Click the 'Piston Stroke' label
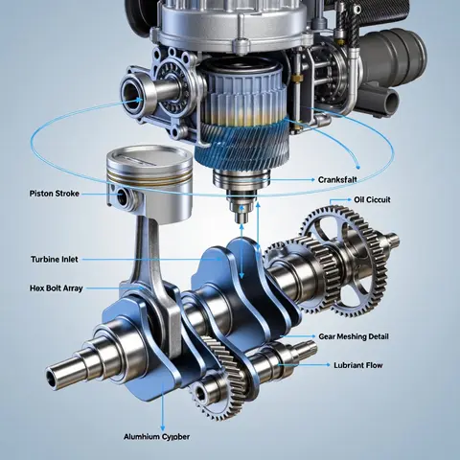coord(55,194)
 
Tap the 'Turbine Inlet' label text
coord(55,259)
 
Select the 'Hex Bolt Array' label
coord(57,288)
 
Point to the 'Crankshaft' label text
coord(337,180)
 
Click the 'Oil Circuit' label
coord(372,200)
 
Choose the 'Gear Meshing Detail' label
coord(354,336)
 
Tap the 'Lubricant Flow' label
coord(358,365)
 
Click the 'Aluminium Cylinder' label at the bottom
coord(156,437)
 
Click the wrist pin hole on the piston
coord(123,196)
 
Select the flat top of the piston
coord(149,156)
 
